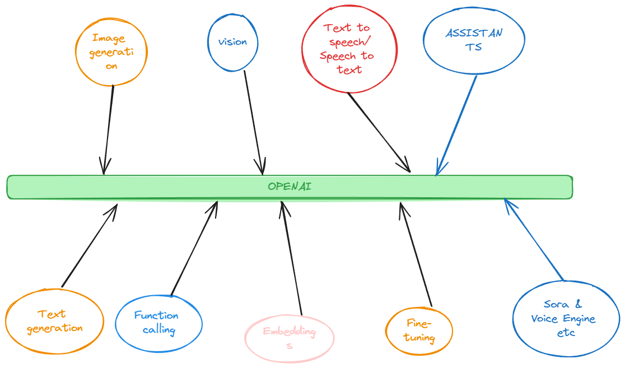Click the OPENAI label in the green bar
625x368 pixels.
289,187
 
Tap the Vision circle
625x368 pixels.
233,42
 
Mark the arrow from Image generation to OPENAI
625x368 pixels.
109,129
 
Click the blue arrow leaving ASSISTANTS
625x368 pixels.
456,125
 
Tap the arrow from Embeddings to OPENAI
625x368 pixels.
292,258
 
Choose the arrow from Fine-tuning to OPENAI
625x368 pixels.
416,255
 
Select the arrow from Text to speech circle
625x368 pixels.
379,132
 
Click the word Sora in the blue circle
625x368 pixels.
556,305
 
